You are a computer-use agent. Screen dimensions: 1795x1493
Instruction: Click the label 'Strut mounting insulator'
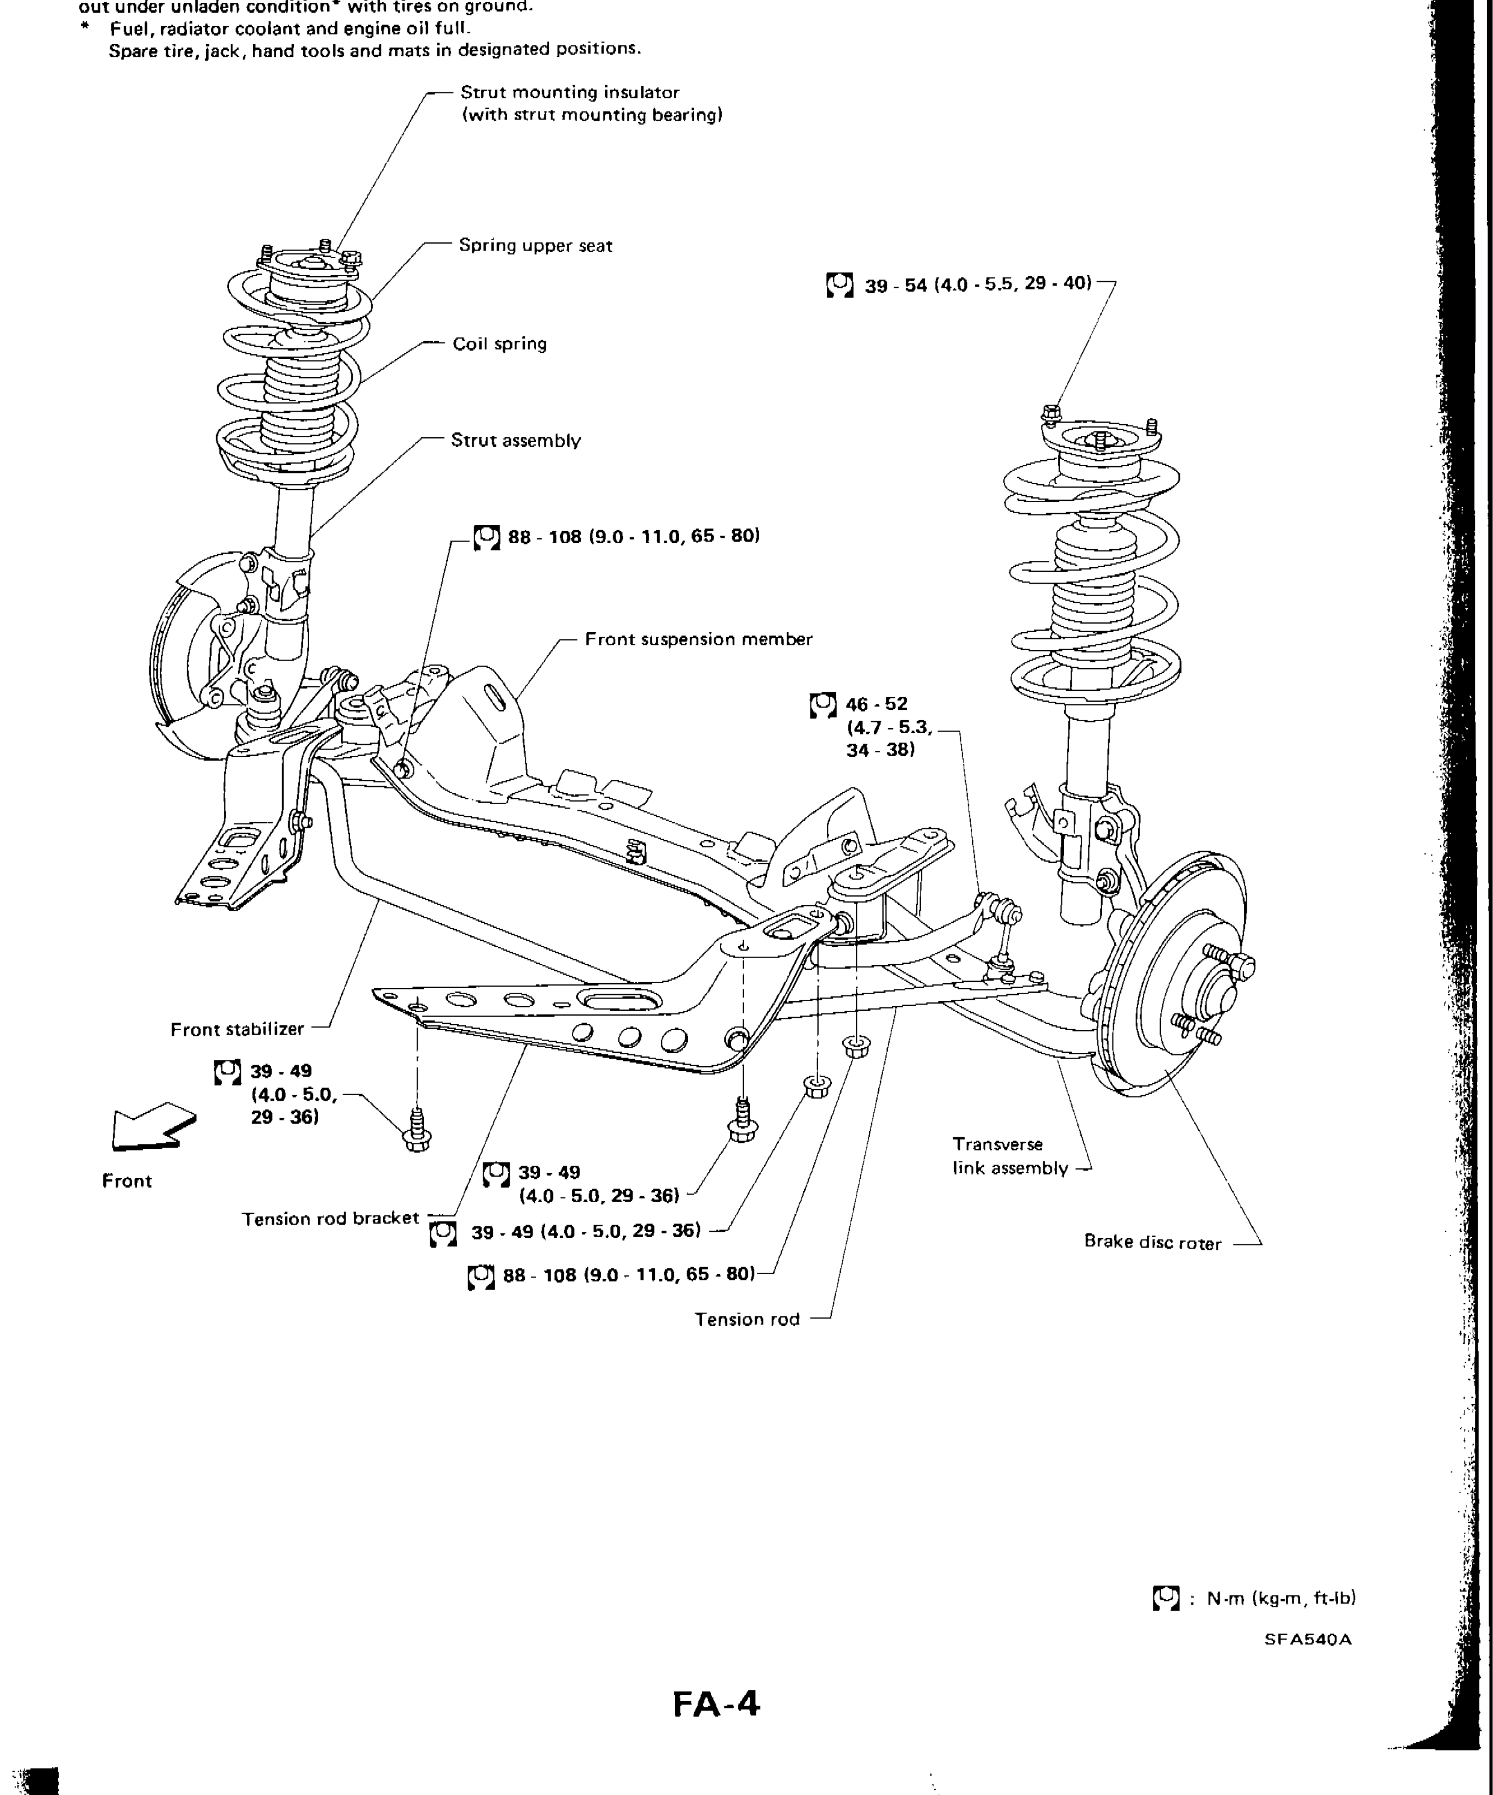tap(570, 93)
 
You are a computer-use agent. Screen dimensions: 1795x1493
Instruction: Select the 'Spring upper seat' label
tap(535, 246)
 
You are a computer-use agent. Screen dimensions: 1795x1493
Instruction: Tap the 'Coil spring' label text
tap(499, 344)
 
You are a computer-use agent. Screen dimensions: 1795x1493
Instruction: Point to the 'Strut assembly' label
tap(515, 441)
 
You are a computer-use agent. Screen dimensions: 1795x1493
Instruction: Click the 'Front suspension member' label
tap(698, 639)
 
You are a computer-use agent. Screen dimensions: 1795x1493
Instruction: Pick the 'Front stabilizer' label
tap(237, 1029)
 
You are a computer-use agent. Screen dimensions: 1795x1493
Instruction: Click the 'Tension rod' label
tap(746, 1319)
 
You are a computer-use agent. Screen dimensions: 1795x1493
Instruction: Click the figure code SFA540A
tap(1308, 1639)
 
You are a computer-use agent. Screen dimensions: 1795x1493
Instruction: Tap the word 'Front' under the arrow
tap(126, 1181)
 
